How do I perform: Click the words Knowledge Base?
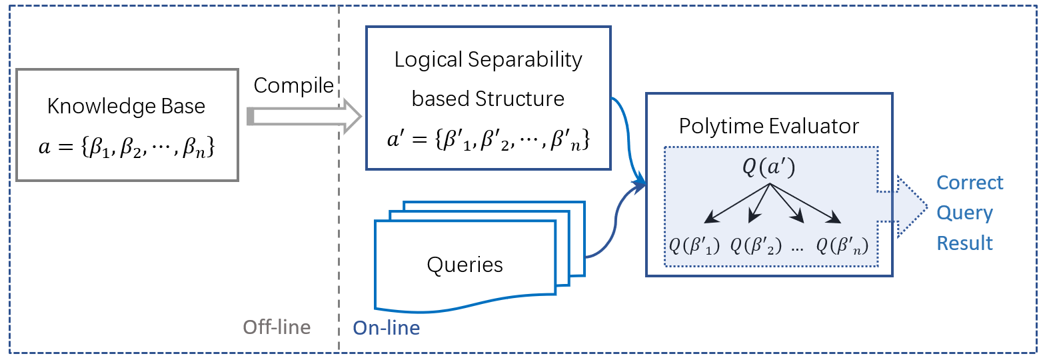click(127, 106)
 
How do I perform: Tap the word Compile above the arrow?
click(294, 85)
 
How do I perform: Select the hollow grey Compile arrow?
click(304, 117)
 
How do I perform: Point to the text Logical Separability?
click(489, 60)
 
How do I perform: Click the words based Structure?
click(488, 99)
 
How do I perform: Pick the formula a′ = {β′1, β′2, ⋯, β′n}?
click(488, 141)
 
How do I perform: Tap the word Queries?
click(465, 265)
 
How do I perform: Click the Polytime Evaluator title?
click(768, 126)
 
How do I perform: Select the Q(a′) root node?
click(770, 167)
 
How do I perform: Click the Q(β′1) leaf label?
click(695, 245)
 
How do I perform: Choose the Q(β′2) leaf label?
click(756, 245)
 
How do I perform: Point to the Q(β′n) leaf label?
click(842, 245)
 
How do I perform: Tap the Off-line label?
click(277, 327)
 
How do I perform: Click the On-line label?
click(387, 328)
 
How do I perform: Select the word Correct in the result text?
click(970, 183)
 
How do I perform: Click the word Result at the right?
click(964, 243)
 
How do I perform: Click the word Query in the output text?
click(964, 213)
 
